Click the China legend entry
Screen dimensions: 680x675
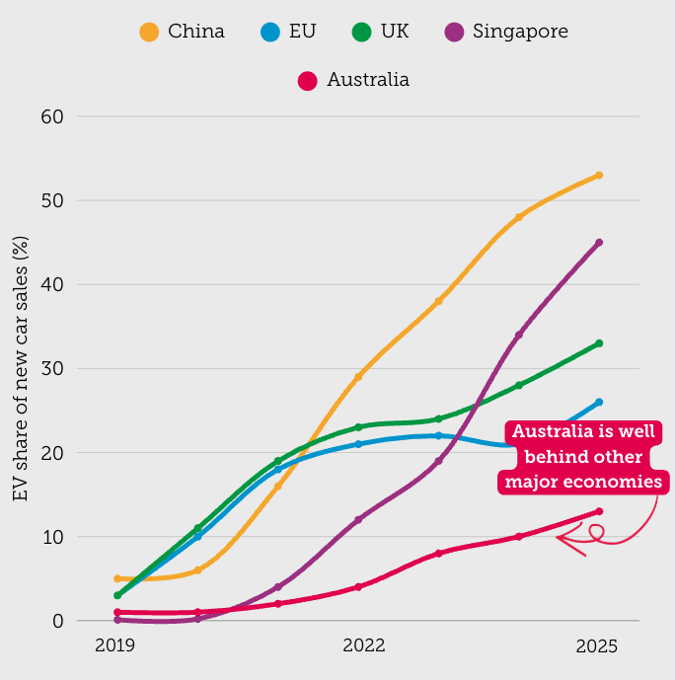tap(183, 32)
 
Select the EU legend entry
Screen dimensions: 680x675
tap(288, 32)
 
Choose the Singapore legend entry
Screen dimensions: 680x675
tap(505, 32)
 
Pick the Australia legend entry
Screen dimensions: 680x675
tap(353, 80)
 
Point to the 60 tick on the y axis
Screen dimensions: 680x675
tap(51, 116)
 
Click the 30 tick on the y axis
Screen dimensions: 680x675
tap(51, 369)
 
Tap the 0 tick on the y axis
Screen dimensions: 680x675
tap(57, 622)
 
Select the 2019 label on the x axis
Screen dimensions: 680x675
tap(115, 646)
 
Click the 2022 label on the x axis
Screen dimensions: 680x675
tap(363, 646)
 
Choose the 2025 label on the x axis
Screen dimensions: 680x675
tap(597, 646)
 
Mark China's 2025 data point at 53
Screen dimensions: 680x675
tap(599, 176)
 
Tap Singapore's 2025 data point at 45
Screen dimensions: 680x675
tap(599, 243)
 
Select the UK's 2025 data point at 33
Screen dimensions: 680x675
tap(599, 343)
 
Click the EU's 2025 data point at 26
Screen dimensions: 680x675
tap(599, 402)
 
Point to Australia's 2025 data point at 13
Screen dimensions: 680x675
tap(599, 511)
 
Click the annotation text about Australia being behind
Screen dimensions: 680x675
tap(583, 457)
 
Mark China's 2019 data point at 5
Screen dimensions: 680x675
tap(117, 578)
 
